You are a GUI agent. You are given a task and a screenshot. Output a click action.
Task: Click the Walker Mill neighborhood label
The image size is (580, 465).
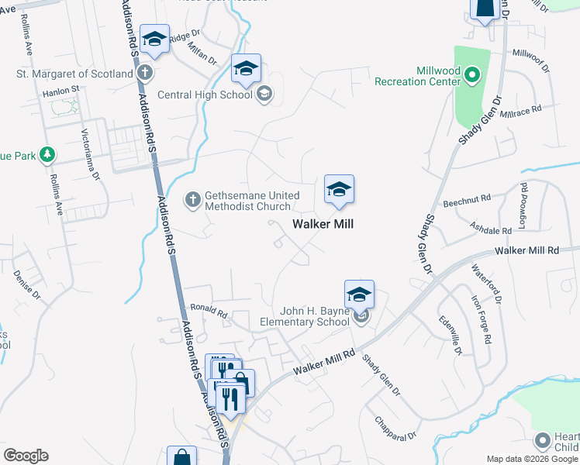pyautogui.click(x=323, y=223)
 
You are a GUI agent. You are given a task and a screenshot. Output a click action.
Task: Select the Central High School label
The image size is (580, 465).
pyautogui.click(x=205, y=95)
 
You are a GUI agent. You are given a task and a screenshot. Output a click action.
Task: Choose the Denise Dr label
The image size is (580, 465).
pyautogui.click(x=26, y=285)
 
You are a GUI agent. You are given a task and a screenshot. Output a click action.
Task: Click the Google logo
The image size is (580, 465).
pyautogui.click(x=26, y=456)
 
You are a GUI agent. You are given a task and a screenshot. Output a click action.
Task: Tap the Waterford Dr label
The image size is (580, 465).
pyautogui.click(x=487, y=284)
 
